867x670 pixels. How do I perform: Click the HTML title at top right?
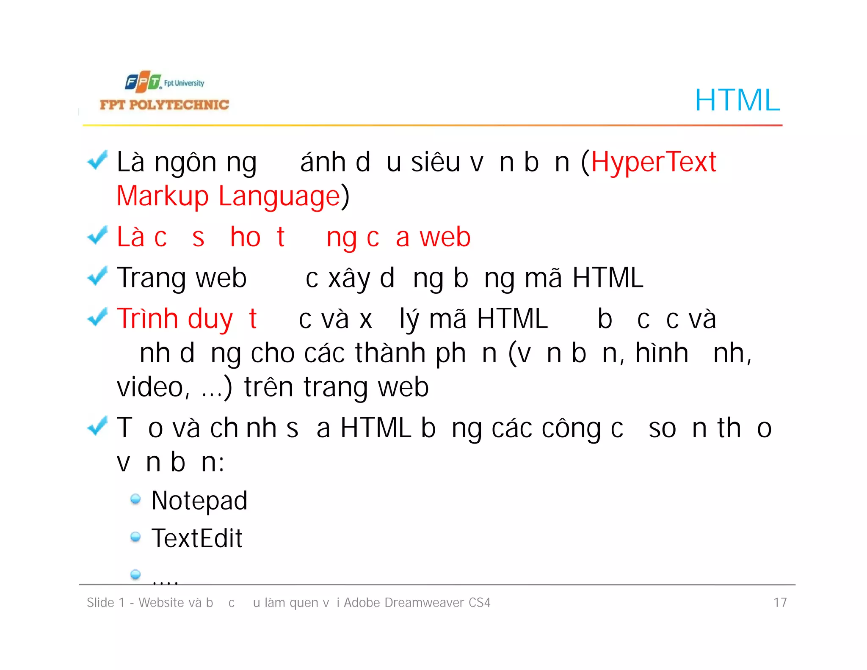(737, 100)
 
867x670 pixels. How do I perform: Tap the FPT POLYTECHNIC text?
(164, 105)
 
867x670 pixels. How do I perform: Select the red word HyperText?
(654, 162)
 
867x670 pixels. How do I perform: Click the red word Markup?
(163, 196)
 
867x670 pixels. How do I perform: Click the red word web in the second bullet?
(445, 237)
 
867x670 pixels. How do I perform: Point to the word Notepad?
(199, 501)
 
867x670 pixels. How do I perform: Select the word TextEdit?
(197, 538)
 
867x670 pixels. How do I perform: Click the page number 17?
(780, 602)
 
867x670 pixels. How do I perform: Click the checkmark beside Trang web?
(97, 276)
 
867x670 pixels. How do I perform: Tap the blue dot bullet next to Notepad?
(135, 499)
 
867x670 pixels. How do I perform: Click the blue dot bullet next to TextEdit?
(135, 537)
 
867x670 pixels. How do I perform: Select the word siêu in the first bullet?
(435, 162)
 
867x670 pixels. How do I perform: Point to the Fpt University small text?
(184, 83)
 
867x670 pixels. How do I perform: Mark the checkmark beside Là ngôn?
(97, 160)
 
